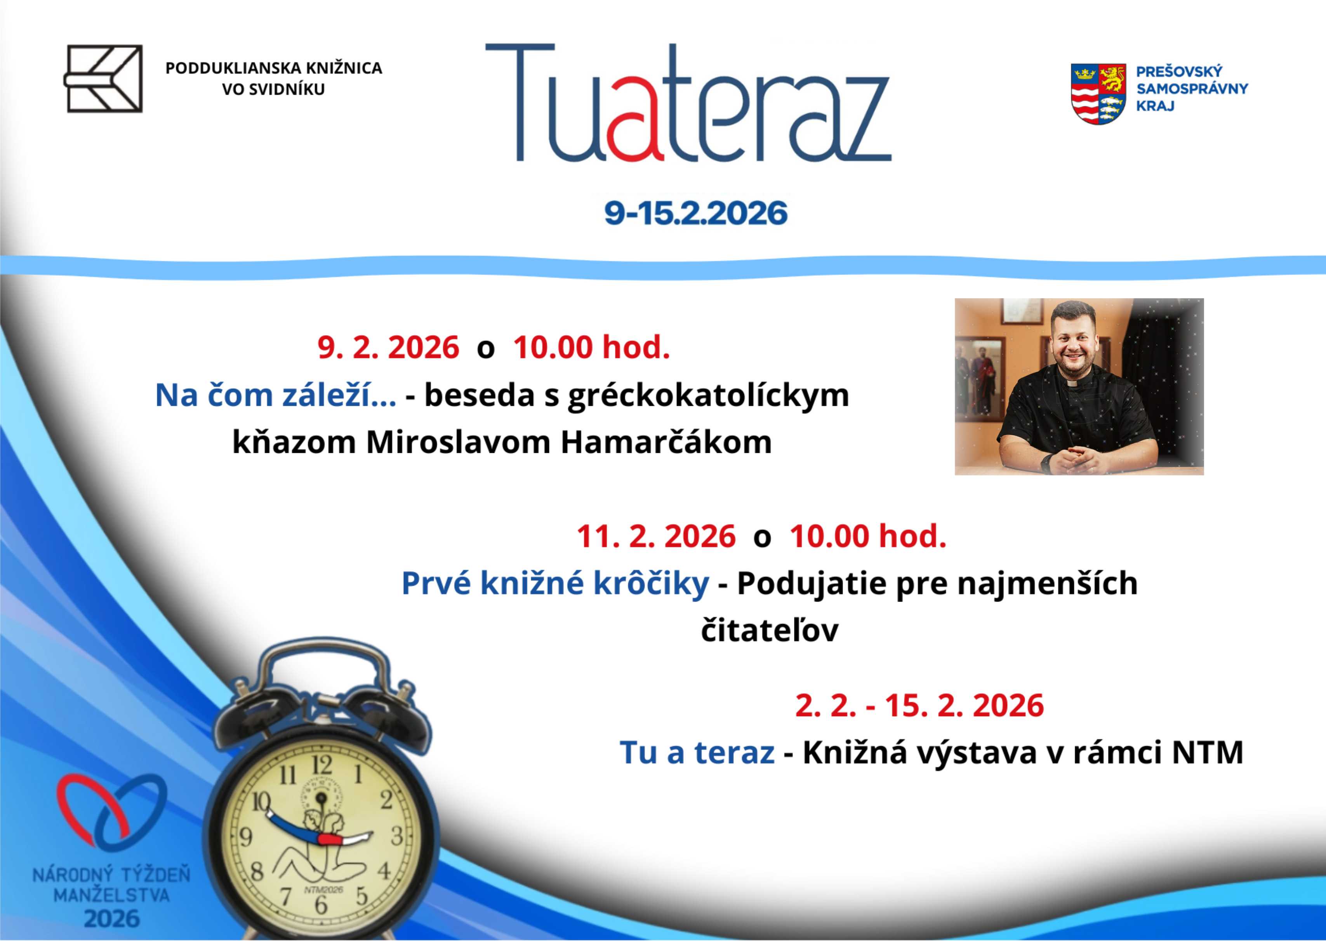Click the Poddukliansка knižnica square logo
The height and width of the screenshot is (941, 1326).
[x=103, y=79]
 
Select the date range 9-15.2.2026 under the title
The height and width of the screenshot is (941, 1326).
[x=696, y=213]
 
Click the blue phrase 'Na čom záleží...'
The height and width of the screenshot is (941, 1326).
[x=276, y=395]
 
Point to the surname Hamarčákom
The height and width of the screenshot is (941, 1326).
[x=666, y=442]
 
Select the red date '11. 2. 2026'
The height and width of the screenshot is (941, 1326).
[x=656, y=536]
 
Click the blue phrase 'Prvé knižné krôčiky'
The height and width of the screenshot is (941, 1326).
[x=555, y=583]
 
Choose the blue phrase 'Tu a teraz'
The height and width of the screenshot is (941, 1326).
[x=697, y=753]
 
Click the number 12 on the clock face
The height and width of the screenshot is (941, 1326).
[x=322, y=766]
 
